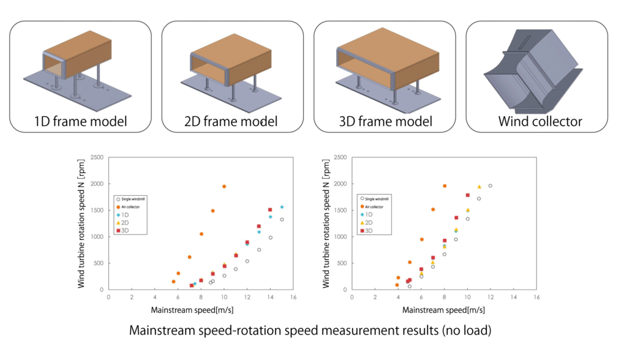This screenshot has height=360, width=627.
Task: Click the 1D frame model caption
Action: [x=80, y=121]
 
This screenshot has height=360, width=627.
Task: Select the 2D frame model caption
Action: [x=232, y=121]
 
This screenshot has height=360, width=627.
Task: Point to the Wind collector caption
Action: [x=539, y=121]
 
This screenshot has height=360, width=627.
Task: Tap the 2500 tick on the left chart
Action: [x=97, y=158]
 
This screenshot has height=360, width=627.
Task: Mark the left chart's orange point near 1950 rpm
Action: [x=224, y=186]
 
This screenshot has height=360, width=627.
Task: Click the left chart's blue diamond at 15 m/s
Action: [x=282, y=207]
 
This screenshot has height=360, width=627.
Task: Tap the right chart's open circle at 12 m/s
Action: [x=490, y=186]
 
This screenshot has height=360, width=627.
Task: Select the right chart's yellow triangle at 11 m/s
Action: [x=479, y=187]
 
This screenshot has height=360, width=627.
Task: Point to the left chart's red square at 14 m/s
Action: [x=270, y=210]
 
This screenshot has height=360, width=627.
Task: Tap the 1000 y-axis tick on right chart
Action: [x=340, y=237]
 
